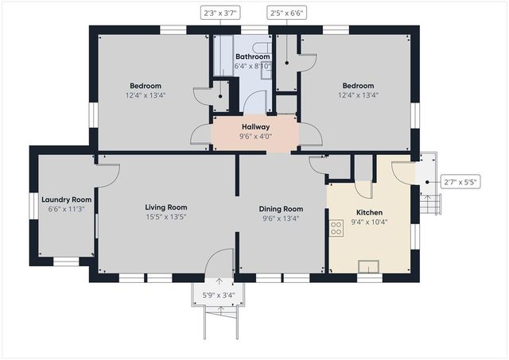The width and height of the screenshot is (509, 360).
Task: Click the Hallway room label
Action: pyautogui.click(x=255, y=127)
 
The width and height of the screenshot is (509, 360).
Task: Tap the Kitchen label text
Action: pyautogui.click(x=369, y=212)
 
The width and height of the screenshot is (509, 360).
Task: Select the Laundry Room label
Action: pyautogui.click(x=67, y=199)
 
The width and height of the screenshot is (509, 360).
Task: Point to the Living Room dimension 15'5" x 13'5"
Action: pyautogui.click(x=166, y=217)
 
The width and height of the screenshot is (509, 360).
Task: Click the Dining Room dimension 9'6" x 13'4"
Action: pyautogui.click(x=281, y=219)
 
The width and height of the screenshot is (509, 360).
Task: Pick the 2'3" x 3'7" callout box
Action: pyautogui.click(x=220, y=14)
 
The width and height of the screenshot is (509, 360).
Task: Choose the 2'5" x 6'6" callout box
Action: pyautogui.click(x=287, y=14)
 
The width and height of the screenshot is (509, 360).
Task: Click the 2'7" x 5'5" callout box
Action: pyautogui.click(x=460, y=182)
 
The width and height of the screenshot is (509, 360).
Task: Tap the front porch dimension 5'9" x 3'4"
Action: pyautogui.click(x=219, y=296)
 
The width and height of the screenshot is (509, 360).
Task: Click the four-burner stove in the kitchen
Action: pyautogui.click(x=336, y=228)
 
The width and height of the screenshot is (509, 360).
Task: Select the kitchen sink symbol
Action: pyautogui.click(x=368, y=266)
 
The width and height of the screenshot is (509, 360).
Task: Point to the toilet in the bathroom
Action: pyautogui.click(x=262, y=48)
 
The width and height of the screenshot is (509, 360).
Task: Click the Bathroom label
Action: pyautogui.click(x=253, y=56)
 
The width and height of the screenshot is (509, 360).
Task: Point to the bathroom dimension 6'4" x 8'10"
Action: pyautogui.click(x=253, y=67)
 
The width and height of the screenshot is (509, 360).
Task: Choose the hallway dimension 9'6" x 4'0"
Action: pyautogui.click(x=255, y=137)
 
